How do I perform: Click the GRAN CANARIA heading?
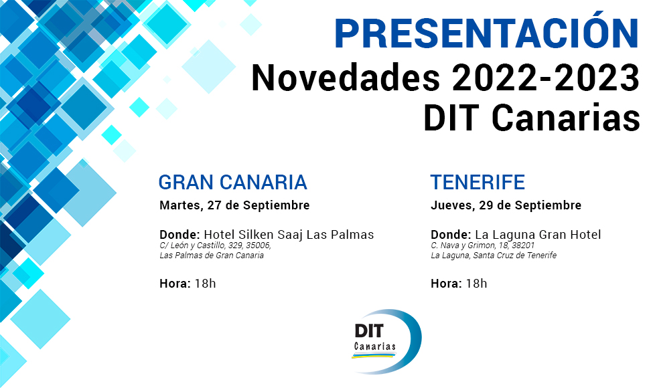232,182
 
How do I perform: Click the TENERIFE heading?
478,182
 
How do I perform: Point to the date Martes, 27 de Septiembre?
234,205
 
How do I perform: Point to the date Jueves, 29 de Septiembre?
506,205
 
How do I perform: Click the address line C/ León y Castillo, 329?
215,246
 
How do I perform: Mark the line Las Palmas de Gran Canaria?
212,256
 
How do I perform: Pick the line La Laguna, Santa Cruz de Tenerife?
494,256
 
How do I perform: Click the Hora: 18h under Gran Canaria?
188,284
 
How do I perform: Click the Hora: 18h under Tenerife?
459,284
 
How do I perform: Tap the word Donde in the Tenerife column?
450,235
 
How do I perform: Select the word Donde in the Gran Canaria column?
179,235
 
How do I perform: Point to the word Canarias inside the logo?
374,347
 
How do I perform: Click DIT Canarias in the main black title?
531,118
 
